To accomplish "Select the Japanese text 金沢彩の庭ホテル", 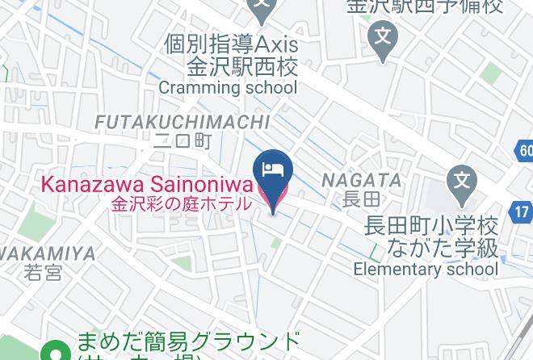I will click(x=182, y=203).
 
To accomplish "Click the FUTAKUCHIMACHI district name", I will click(x=182, y=122).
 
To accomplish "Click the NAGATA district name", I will click(x=362, y=180).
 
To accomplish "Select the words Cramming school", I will click(x=228, y=87).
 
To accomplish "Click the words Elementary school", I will click(x=426, y=270).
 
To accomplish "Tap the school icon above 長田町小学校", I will click(x=462, y=178).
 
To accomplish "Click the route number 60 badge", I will click(x=525, y=150).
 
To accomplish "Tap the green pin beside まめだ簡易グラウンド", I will click(x=56, y=352).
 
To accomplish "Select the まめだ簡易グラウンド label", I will click(x=187, y=341).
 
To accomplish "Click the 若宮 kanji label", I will click(x=43, y=272).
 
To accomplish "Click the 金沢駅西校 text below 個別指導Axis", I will click(x=242, y=65).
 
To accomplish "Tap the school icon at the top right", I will click(x=383, y=36).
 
